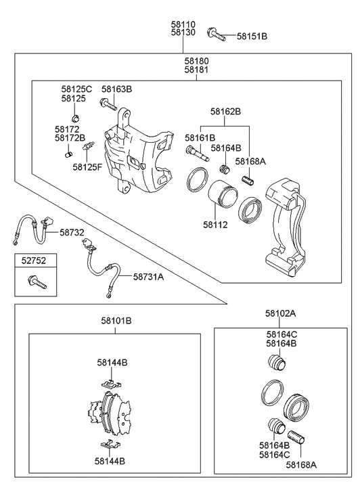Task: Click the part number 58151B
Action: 252,36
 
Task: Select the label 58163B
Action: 116,89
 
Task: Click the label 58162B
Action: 225,111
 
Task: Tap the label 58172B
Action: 69,137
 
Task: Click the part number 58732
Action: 72,232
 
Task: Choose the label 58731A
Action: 148,276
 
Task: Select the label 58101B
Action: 116,320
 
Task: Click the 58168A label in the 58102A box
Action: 300,465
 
